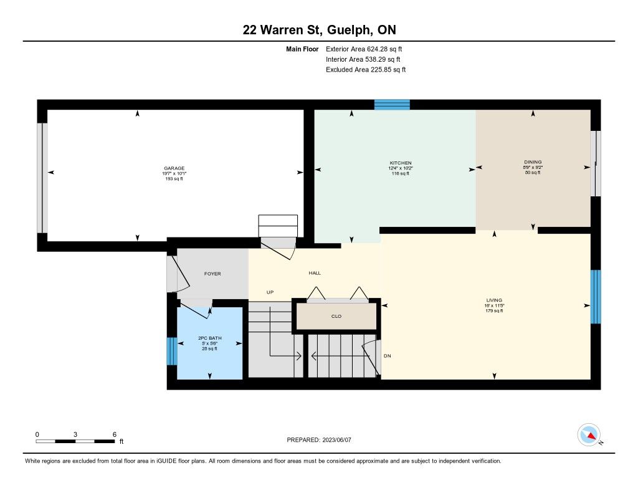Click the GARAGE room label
click(x=174, y=168)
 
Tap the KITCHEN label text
click(x=401, y=163)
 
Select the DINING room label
click(x=533, y=162)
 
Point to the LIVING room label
click(x=494, y=300)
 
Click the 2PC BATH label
click(x=209, y=338)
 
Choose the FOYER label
click(x=212, y=274)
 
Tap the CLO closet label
click(x=336, y=317)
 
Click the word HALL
click(x=315, y=273)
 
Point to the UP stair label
click(x=270, y=292)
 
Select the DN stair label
click(x=387, y=356)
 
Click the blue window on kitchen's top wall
click(x=393, y=105)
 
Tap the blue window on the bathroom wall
click(x=172, y=352)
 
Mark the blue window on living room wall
click(x=595, y=297)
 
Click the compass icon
click(x=589, y=435)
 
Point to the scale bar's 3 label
click(x=75, y=434)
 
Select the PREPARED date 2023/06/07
click(x=336, y=439)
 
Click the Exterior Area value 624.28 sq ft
click(x=384, y=49)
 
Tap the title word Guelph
click(x=349, y=30)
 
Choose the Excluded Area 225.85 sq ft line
click(x=366, y=70)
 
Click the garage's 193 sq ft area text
click(x=174, y=179)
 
